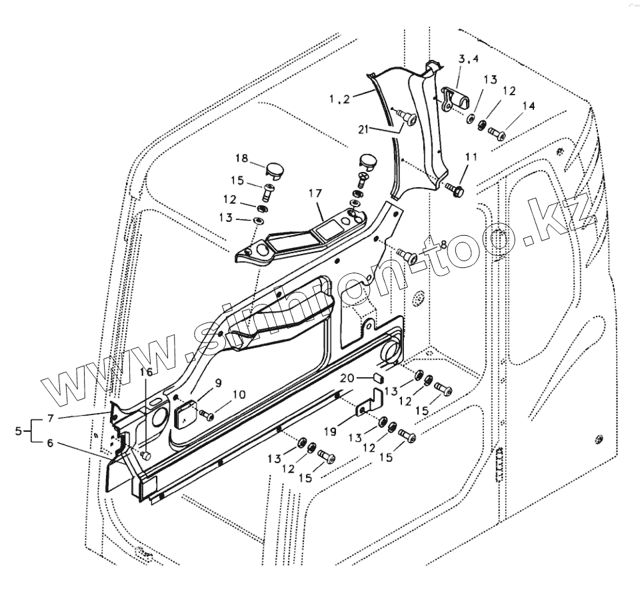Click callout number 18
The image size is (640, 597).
coord(241,159)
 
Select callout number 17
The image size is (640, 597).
coord(315,193)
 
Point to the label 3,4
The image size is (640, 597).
coord(469,59)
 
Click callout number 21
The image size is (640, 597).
coord(363,129)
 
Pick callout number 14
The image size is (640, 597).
coord(528,105)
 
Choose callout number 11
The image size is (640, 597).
coord(471,157)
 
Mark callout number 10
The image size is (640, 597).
coord(239,394)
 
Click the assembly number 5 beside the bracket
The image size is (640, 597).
coord(18,431)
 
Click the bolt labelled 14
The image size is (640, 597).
coord(497,134)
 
